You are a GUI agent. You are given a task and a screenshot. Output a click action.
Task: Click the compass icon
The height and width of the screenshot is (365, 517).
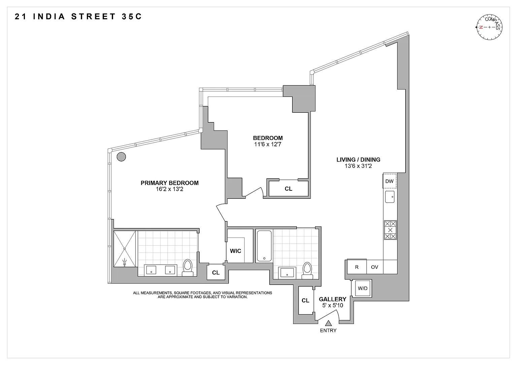[x=489, y=27]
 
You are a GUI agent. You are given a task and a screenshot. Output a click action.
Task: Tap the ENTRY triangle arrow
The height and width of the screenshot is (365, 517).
[x=328, y=323]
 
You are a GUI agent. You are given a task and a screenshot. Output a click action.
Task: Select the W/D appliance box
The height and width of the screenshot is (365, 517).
[x=362, y=288]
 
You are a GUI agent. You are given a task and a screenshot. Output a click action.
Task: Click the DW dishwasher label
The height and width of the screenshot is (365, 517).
[x=389, y=181]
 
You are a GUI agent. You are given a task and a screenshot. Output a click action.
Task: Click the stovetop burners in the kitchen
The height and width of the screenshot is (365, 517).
[x=390, y=230]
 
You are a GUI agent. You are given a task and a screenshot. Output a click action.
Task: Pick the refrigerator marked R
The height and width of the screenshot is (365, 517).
[x=357, y=267]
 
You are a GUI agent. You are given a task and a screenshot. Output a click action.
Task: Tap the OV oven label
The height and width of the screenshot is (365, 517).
[x=375, y=267]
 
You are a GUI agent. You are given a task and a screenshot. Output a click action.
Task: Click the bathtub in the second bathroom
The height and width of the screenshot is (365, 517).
[x=264, y=246]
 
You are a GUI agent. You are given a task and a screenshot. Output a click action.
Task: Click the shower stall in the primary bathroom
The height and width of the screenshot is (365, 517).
[x=125, y=249]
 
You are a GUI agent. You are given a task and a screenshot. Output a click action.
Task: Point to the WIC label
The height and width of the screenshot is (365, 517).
[x=236, y=251]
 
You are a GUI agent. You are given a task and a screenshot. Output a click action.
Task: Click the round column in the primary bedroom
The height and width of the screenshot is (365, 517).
[x=121, y=156]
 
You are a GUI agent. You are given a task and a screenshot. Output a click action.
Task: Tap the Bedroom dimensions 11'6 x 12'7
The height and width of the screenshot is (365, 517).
[x=268, y=144]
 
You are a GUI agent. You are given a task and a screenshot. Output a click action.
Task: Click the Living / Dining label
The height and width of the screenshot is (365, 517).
[x=358, y=160]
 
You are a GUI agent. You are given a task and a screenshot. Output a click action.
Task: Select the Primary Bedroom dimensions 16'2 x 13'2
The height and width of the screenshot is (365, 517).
[x=169, y=189]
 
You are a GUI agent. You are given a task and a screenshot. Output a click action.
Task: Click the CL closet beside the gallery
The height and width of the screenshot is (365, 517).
[x=305, y=300]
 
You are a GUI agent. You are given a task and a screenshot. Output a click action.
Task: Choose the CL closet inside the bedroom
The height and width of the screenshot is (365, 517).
[x=288, y=189]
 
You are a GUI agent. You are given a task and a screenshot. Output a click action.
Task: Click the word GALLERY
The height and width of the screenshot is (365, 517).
[x=333, y=299]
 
